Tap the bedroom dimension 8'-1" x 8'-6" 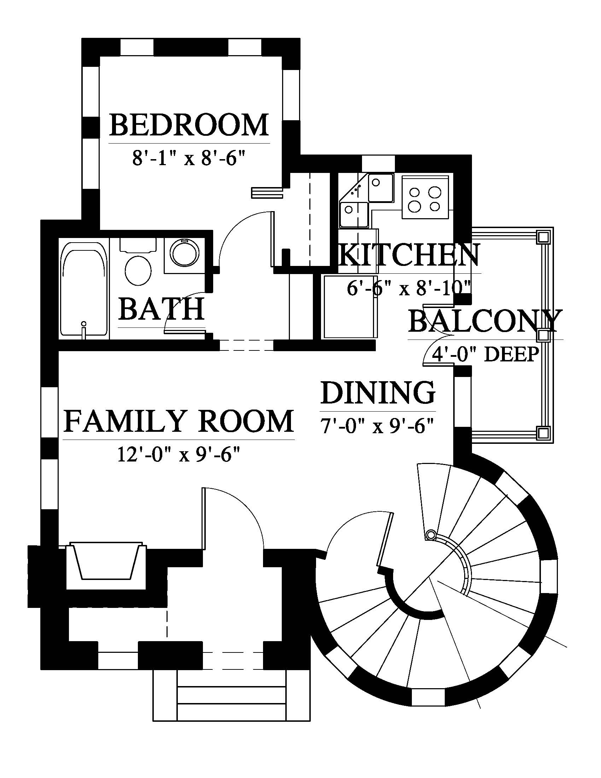[x=189, y=158]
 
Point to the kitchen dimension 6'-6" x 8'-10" [x=409, y=288]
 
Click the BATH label [x=162, y=308]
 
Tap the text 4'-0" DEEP [x=485, y=354]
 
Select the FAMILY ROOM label [x=179, y=421]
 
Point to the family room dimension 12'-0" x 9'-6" [x=179, y=454]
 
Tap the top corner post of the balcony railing [x=543, y=236]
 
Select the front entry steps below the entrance [x=219, y=700]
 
